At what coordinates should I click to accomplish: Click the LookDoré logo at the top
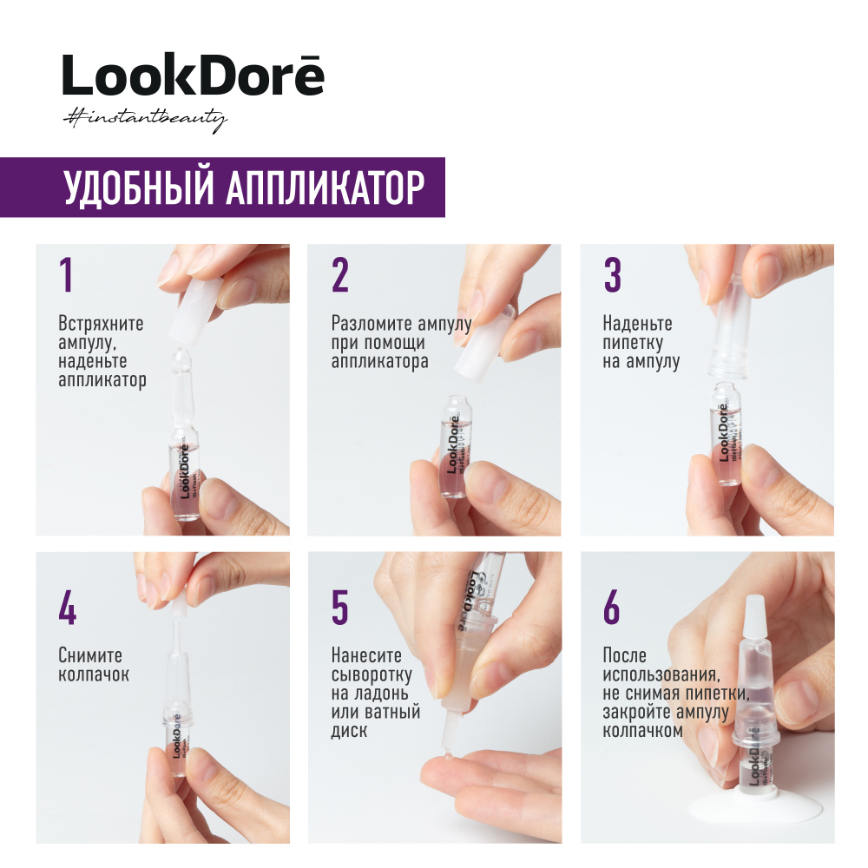click(193, 76)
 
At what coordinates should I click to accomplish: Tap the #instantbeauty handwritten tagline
click(144, 119)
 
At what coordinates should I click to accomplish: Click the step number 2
click(340, 275)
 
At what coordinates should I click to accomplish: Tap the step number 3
click(612, 275)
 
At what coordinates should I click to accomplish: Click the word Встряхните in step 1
click(101, 324)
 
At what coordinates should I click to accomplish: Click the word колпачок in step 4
click(94, 674)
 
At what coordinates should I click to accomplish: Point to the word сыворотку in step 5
click(372, 674)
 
